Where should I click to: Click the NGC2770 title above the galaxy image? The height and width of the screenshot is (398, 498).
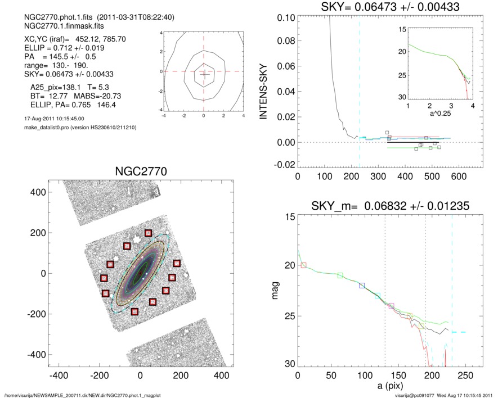(x=140, y=171)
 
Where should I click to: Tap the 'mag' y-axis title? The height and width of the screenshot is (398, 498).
(x=276, y=291)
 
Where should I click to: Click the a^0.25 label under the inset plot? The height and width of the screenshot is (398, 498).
(x=439, y=113)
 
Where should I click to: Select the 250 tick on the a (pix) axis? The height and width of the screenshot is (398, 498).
(x=465, y=374)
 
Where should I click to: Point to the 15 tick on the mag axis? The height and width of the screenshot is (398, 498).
(x=290, y=217)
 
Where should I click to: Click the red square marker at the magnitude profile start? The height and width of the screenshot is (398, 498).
(x=304, y=265)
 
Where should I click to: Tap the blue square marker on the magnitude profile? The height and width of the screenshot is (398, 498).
(x=362, y=286)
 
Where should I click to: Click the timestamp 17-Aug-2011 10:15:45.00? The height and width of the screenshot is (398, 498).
(x=51, y=119)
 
